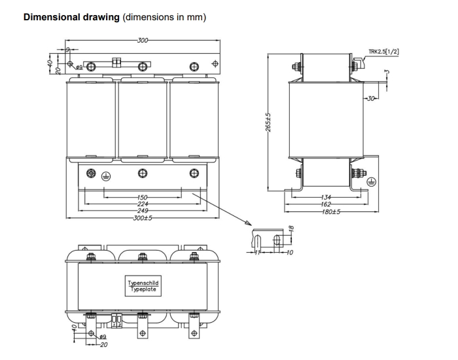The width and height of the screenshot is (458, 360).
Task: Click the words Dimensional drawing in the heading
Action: tap(71, 16)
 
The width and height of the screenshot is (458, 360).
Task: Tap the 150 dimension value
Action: tap(142, 197)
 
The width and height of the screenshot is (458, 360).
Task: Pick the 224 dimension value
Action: tap(142, 204)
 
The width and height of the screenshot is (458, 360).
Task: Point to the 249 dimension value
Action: tap(142, 211)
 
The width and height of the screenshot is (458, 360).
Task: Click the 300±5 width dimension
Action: tap(142, 218)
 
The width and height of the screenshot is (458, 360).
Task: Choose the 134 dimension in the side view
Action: tap(326, 198)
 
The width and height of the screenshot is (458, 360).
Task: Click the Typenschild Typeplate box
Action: tap(143, 285)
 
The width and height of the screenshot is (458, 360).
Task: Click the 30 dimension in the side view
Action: tap(372, 99)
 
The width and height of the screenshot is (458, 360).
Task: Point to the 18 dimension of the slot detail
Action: tap(292, 230)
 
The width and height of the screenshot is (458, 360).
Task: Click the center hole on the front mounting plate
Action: tap(143, 173)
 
